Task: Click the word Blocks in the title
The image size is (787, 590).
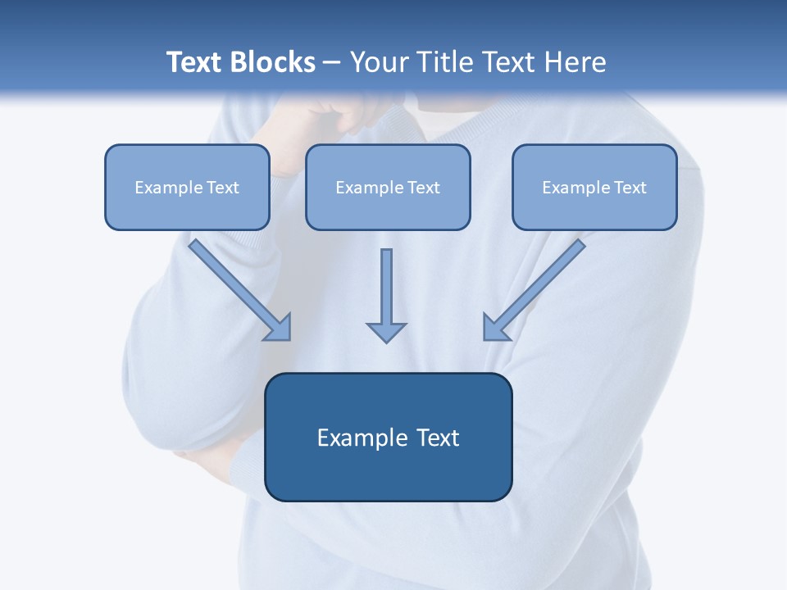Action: click(x=272, y=62)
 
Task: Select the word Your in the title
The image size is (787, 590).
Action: click(x=380, y=62)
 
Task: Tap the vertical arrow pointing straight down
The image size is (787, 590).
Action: click(x=386, y=287)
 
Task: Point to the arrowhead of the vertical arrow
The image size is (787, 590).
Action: click(x=386, y=332)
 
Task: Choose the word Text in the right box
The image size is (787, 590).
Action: click(x=630, y=188)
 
